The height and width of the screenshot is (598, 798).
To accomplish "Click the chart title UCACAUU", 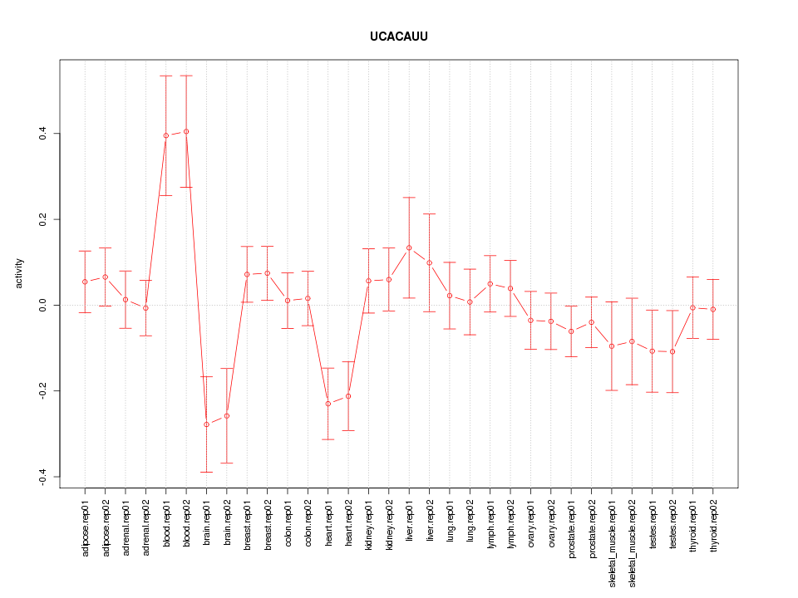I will coord(398,37).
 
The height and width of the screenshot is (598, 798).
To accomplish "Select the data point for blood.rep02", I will coord(186,131).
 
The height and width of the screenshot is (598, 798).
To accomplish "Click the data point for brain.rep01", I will coord(206,424).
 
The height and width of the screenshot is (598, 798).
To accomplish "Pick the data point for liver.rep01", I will coord(409,248).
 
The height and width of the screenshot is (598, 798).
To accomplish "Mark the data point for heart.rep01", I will coord(328,404).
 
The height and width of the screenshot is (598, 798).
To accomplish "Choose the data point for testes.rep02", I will coord(672,352).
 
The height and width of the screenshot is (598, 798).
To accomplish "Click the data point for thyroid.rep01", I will coord(692,308).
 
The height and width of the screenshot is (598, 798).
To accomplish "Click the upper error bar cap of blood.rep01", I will coord(166,76).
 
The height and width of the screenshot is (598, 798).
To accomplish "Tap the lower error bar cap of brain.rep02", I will coord(227,463).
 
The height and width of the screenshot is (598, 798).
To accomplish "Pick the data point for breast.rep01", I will coord(247,274).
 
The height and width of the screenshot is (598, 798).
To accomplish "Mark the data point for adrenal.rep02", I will coord(145,308).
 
